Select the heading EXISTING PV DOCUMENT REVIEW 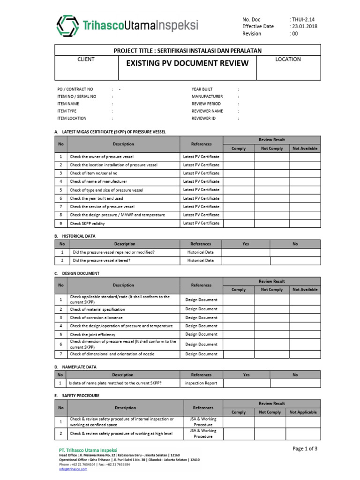tap(187, 63)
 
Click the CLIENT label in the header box tap(86, 60)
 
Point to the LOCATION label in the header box tap(288, 60)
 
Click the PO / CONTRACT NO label tap(75, 89)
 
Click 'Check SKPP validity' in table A tap(87, 224)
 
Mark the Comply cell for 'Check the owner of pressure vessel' tap(239, 157)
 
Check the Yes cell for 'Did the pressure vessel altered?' tap(246, 261)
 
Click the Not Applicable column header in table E tap(303, 412)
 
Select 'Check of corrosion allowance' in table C tap(97, 318)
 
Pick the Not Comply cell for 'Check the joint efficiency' tap(272, 335)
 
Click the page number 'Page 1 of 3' tap(305, 449)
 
